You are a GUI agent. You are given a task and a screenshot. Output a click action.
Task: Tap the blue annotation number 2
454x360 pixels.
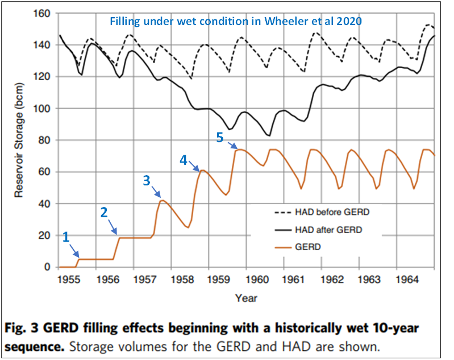coord(103,213)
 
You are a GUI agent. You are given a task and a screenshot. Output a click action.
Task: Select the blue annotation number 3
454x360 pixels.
coord(146,180)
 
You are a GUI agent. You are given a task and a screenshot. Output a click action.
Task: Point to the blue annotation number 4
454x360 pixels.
coord(183,160)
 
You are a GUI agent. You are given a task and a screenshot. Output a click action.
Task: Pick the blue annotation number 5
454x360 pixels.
coord(220,137)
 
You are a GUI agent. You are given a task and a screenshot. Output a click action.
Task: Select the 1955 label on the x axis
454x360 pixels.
coord(69,280)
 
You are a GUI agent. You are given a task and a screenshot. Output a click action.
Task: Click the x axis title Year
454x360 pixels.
coord(247,297)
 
